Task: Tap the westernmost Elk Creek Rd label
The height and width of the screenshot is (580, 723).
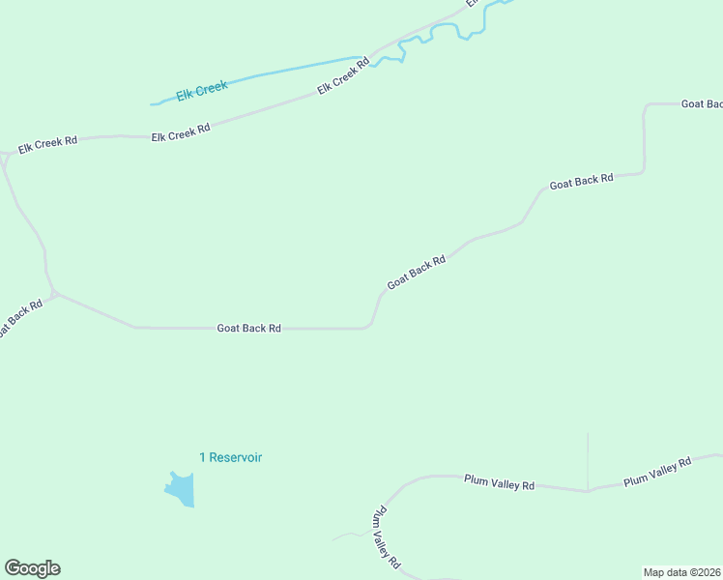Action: [47, 144]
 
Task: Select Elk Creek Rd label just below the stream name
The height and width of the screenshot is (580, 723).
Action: [181, 132]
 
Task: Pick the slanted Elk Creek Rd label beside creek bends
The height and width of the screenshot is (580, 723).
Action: [344, 77]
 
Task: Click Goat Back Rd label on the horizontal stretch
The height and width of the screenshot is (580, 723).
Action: [248, 329]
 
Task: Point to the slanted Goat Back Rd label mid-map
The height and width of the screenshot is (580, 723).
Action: [417, 272]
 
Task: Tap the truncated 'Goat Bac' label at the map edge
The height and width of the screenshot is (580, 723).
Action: [702, 103]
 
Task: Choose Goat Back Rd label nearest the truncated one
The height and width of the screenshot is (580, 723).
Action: [581, 181]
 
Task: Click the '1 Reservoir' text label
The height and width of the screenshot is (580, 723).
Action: [231, 457]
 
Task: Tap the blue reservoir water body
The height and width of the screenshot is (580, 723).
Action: [181, 491]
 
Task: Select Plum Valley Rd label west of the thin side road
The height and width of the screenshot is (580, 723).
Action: [499, 482]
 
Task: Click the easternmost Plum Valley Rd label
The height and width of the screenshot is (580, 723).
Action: [657, 472]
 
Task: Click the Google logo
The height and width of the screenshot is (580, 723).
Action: [32, 568]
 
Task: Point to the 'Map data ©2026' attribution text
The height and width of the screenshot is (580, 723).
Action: [681, 572]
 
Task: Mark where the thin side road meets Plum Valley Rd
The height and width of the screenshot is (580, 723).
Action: [587, 490]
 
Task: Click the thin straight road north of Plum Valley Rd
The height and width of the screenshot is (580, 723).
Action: [588, 459]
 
